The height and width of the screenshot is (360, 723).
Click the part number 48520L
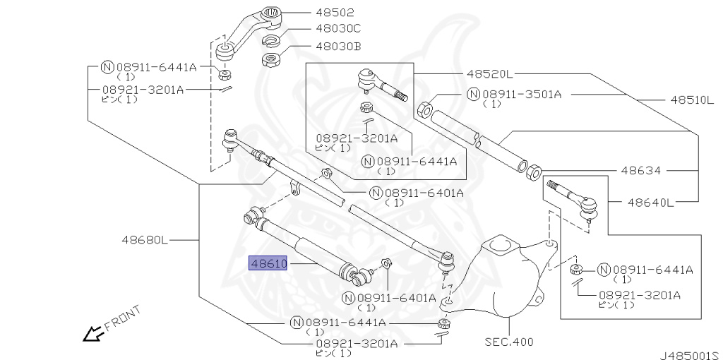click(489, 73)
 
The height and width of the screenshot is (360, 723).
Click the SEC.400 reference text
click(508, 342)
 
